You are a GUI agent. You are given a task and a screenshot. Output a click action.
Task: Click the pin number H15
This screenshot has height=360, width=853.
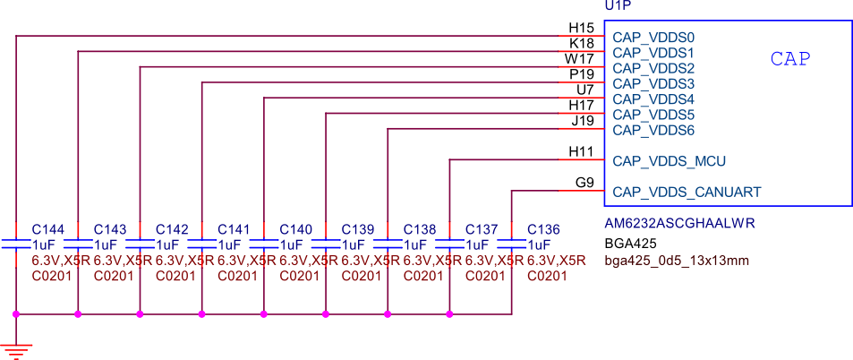(x=582, y=29)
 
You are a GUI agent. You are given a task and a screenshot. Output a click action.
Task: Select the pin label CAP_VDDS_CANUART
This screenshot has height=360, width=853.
(x=687, y=192)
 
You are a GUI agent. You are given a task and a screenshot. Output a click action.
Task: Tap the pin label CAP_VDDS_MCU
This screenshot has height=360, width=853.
(x=669, y=161)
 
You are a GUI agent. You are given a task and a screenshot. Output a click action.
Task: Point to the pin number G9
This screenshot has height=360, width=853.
(x=584, y=183)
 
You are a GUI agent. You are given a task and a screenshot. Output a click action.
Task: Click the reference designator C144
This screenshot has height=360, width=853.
(x=48, y=229)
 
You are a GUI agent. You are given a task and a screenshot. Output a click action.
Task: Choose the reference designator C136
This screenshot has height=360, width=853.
(x=543, y=229)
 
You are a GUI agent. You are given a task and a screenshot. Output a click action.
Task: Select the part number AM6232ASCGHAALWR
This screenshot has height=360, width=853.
(x=680, y=223)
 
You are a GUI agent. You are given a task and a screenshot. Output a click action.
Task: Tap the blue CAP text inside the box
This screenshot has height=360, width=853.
(x=790, y=59)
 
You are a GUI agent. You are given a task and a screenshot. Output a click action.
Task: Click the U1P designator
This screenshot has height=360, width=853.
(x=618, y=6)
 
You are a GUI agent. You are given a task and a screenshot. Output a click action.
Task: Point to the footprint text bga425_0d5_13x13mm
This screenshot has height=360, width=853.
(x=677, y=261)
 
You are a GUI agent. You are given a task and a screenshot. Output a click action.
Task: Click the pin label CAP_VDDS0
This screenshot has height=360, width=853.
(x=653, y=38)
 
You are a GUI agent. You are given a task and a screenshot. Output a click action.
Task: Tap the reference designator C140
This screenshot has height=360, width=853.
(x=295, y=229)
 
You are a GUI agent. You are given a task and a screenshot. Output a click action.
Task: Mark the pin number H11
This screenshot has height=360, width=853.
(x=581, y=151)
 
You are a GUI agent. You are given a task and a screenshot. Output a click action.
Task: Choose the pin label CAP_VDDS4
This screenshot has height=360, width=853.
(x=653, y=99)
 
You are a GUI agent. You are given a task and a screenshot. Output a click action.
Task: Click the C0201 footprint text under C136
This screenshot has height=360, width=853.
(x=547, y=276)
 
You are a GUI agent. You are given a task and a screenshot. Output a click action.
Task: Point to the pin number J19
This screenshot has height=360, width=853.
(x=583, y=120)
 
